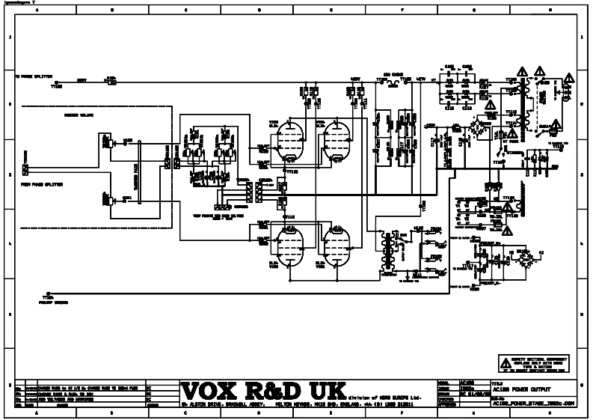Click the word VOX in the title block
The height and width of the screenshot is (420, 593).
[214, 390]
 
